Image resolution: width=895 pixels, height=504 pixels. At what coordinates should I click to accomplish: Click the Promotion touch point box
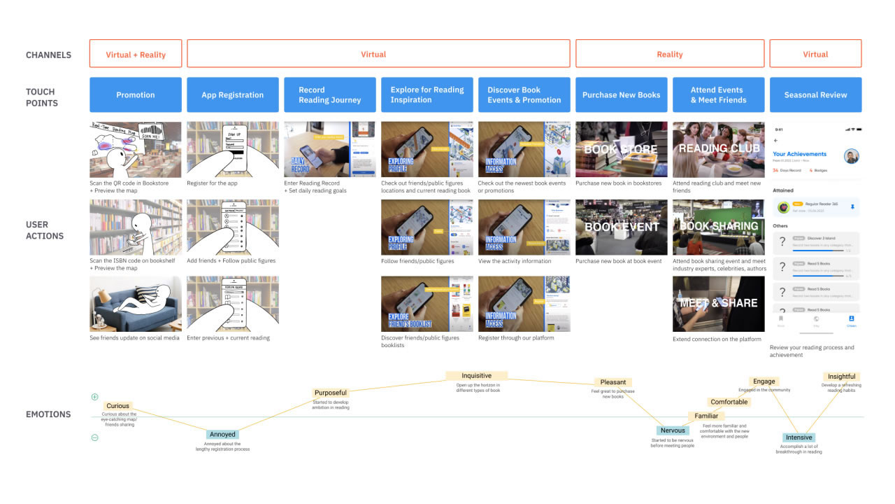point(136,94)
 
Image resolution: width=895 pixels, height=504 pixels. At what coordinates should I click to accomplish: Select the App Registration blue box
point(232,94)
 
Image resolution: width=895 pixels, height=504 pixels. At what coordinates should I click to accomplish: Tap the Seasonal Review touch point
point(815,94)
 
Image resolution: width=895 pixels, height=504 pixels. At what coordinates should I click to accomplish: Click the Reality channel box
point(669,54)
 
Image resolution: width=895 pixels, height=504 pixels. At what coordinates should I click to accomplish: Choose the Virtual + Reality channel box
point(136,54)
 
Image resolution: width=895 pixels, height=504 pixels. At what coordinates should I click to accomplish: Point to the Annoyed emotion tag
point(222,435)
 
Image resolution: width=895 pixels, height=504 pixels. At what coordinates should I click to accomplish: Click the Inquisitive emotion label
point(477,376)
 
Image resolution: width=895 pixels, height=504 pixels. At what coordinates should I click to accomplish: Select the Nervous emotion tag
point(673,430)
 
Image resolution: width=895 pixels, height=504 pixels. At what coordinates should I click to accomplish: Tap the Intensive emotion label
point(799,437)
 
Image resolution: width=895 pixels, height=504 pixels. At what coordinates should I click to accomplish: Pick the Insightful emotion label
point(841,377)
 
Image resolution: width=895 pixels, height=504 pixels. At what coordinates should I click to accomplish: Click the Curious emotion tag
point(117,406)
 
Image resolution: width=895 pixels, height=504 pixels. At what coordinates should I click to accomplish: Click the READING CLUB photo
point(718,149)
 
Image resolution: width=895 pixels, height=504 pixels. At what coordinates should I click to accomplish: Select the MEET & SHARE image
point(718,303)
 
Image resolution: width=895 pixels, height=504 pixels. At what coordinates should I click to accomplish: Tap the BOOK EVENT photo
point(622,227)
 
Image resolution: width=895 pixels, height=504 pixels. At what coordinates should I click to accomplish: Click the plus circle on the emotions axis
point(95,397)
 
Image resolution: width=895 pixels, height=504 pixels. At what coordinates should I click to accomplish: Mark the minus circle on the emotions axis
point(95,438)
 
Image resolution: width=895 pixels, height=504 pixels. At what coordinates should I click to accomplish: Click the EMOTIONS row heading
point(48,414)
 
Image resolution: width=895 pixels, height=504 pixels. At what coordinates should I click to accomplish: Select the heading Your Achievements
point(799,154)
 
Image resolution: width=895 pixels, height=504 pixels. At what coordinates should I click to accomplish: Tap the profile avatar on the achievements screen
point(851,156)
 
